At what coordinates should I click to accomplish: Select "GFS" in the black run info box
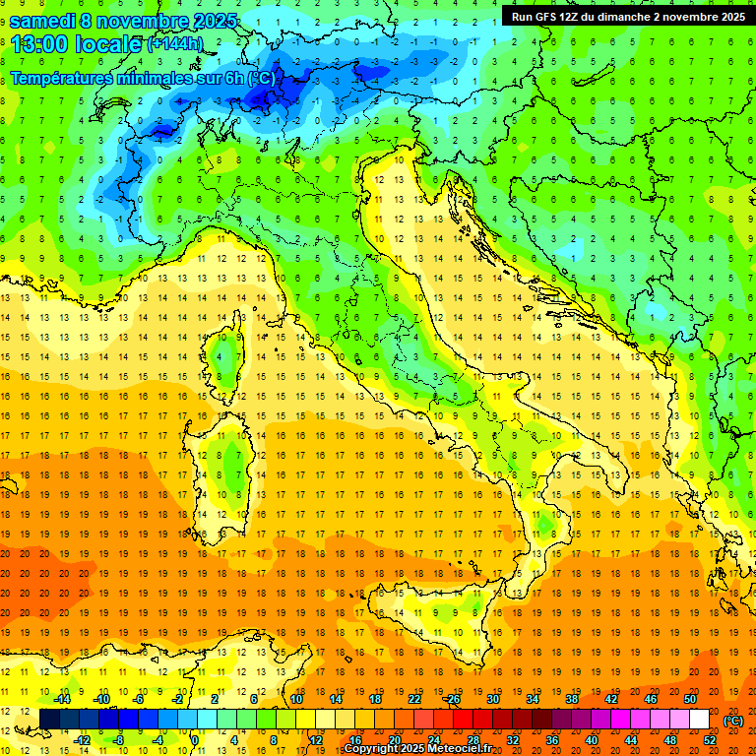553,17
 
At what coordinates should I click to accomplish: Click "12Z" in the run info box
583,17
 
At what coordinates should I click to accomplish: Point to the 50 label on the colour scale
689,698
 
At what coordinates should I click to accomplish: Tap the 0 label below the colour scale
195,740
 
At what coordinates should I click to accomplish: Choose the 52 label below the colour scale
710,740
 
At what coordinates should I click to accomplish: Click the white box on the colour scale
699,719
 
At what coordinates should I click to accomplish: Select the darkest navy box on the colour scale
49,719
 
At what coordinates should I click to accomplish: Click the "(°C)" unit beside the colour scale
733,720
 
